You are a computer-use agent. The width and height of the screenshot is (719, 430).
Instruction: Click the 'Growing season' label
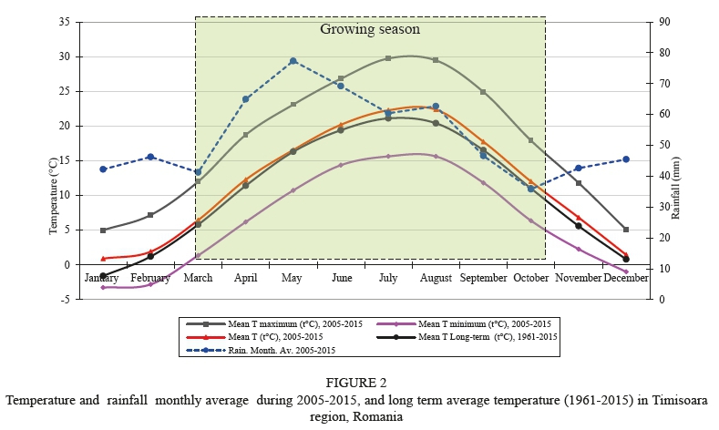pos(369,29)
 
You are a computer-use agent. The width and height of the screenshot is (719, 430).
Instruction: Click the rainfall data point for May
pos(293,61)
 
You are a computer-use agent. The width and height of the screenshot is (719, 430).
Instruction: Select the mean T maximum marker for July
pos(388,58)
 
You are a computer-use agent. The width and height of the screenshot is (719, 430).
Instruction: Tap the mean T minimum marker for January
pos(103,287)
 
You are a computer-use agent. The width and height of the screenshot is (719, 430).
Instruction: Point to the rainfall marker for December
pos(626,159)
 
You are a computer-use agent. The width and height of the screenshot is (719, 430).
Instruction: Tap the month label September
pos(483,278)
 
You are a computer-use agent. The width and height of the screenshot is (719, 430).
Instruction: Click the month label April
pos(245,278)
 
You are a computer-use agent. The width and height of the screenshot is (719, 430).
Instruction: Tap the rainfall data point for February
pos(150,157)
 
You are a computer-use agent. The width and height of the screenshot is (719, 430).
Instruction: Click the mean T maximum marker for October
pos(530,140)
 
